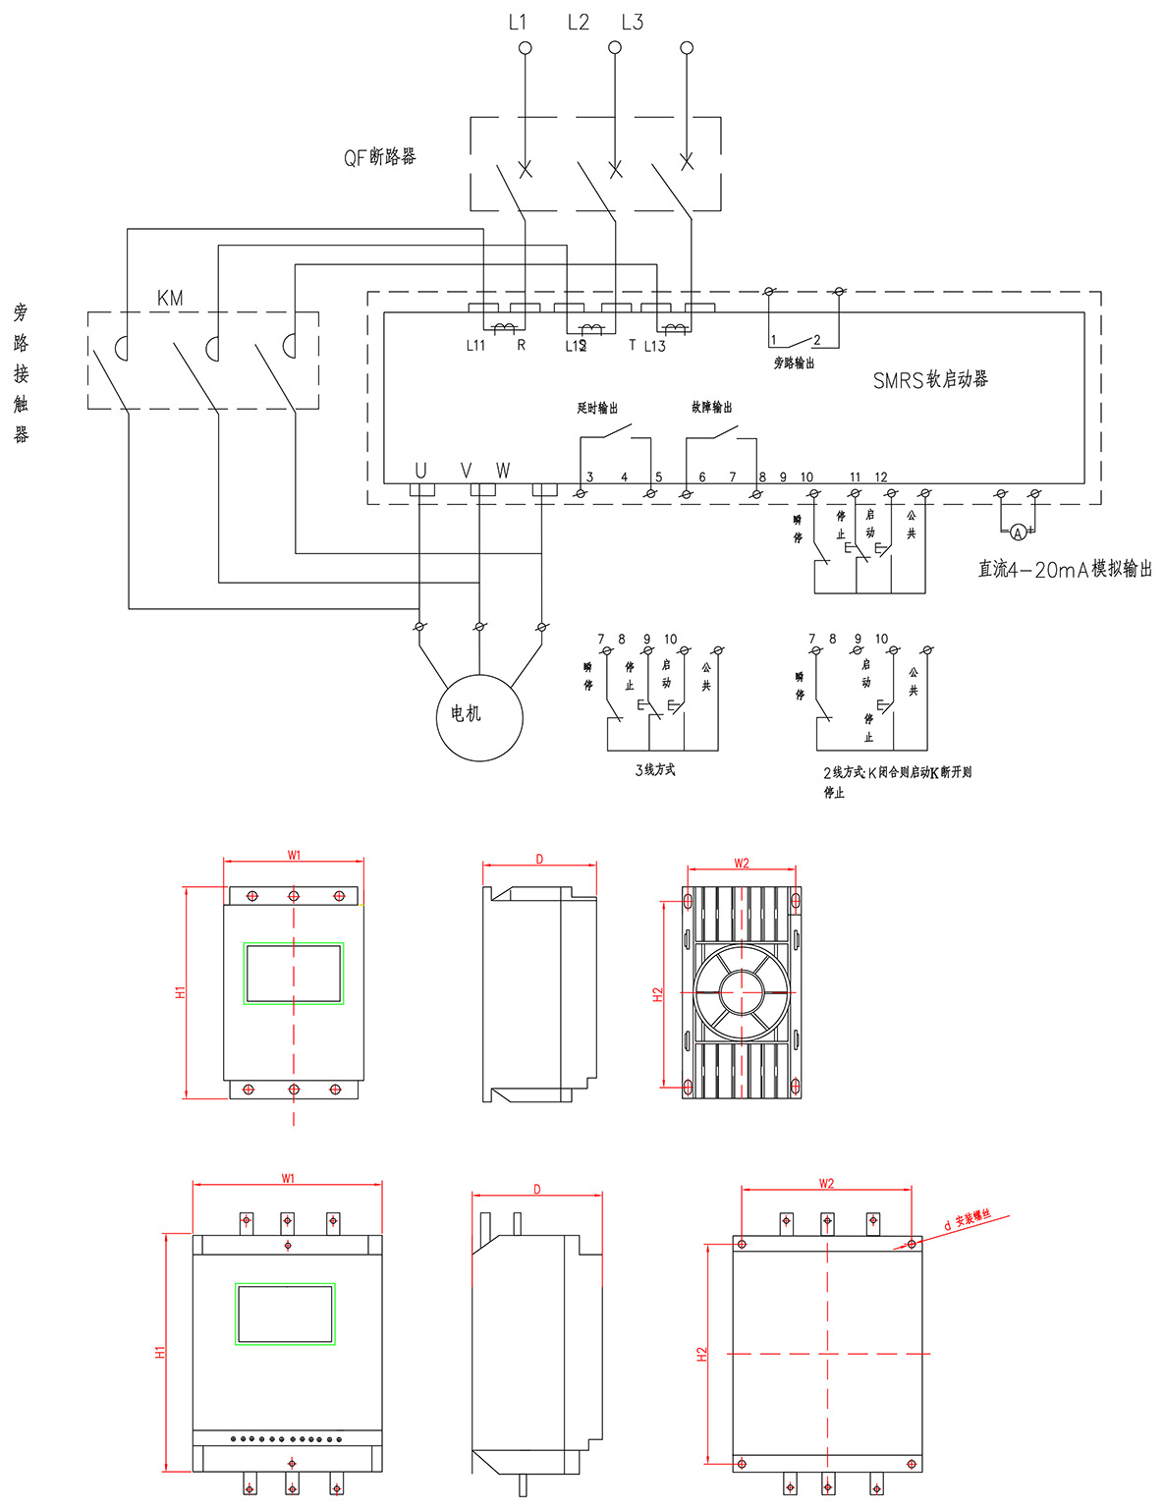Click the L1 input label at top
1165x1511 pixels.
click(518, 22)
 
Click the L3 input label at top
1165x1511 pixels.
click(632, 22)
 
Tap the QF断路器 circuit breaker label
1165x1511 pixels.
click(379, 157)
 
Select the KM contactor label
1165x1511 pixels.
click(170, 298)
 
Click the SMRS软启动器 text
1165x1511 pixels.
click(930, 379)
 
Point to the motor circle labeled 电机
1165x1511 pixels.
click(479, 716)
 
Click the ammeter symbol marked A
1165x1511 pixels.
click(1018, 532)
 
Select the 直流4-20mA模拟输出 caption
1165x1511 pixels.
click(1065, 569)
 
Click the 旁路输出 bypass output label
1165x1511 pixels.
click(794, 364)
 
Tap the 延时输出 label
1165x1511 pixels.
click(597, 408)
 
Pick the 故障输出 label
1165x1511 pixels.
click(711, 407)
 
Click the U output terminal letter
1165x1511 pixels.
click(420, 471)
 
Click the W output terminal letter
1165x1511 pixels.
click(503, 471)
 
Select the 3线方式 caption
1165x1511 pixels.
click(655, 770)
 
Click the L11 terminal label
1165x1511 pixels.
click(475, 346)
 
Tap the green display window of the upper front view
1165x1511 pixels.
click(294, 974)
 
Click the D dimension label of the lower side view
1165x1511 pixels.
click(537, 1190)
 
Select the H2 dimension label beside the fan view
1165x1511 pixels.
click(658, 993)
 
